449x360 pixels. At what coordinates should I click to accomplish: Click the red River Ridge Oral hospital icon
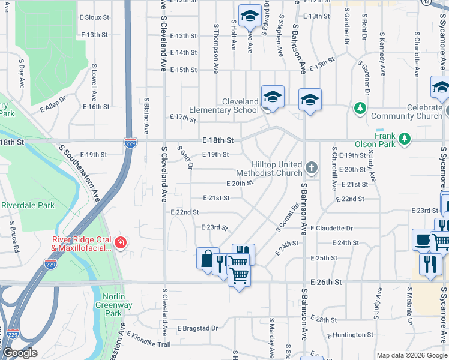tap(121, 242)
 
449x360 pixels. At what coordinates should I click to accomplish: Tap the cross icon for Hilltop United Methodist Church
tap(311, 169)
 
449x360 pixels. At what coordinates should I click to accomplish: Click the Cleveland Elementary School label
tap(224, 106)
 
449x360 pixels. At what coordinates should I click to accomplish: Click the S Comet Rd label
tap(286, 220)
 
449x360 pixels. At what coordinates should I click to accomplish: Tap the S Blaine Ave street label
tap(146, 116)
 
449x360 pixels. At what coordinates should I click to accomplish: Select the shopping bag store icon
tap(206, 259)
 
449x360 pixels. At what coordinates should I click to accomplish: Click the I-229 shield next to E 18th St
tap(130, 143)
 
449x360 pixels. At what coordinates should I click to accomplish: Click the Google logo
tap(19, 353)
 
